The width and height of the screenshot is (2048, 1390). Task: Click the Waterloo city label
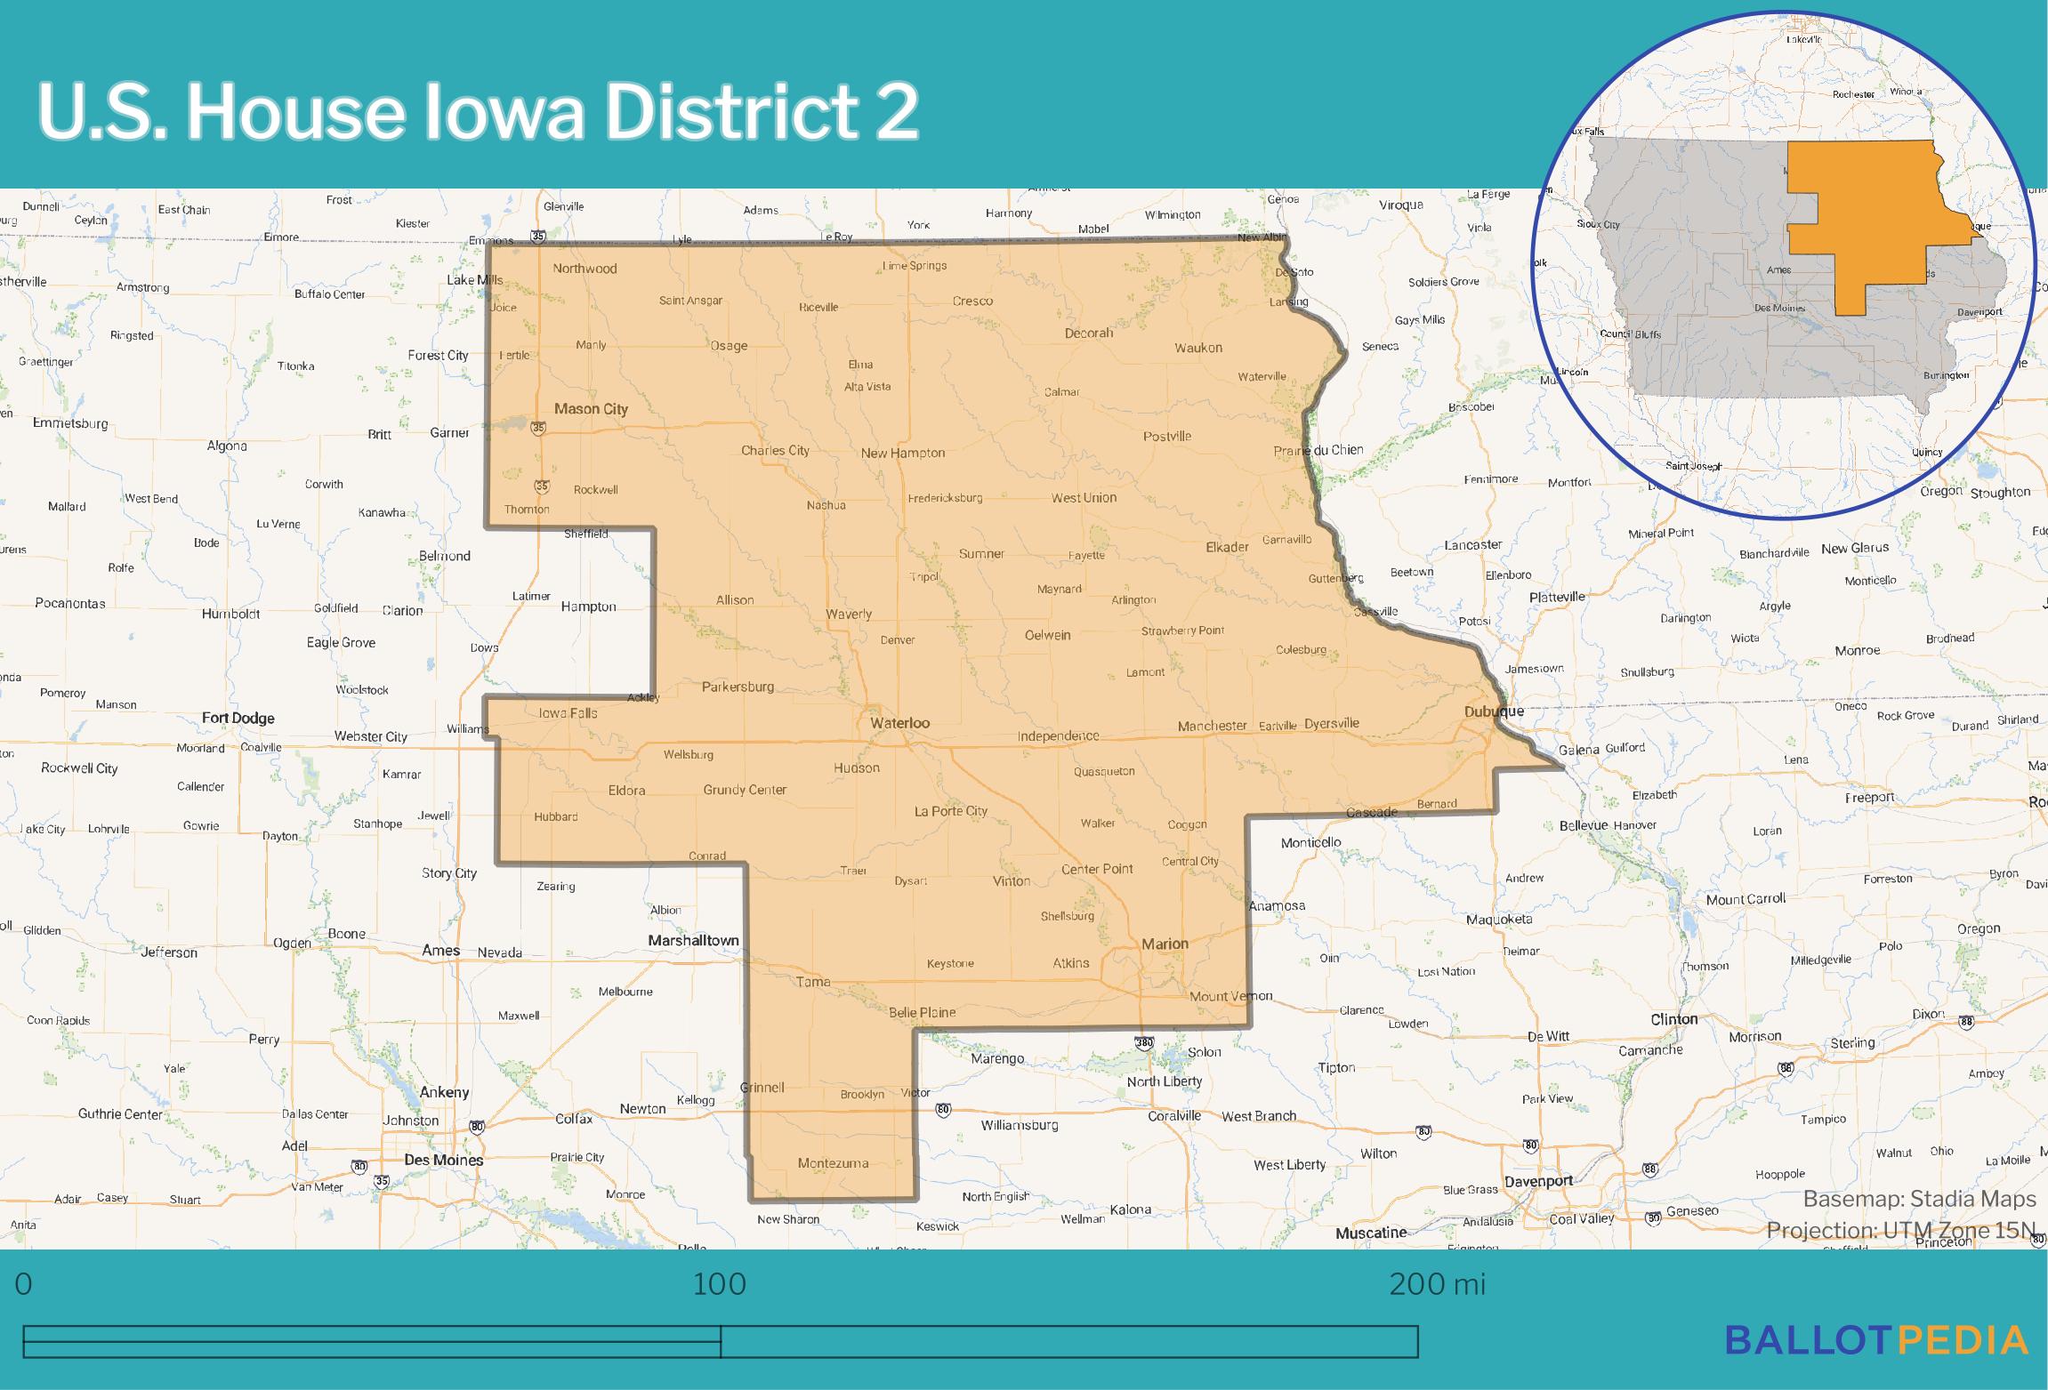tap(899, 723)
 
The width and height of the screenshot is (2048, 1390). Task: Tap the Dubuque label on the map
tap(1494, 711)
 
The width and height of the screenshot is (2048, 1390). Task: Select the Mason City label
tap(591, 409)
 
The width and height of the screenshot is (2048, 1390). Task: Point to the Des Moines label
tap(443, 1160)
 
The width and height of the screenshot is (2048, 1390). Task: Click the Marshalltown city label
tap(693, 940)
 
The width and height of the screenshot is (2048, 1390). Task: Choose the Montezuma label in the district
tap(833, 1163)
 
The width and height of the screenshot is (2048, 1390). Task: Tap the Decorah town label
tap(1089, 333)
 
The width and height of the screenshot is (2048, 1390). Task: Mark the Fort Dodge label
tap(238, 718)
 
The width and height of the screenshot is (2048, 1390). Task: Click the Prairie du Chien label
tap(1318, 450)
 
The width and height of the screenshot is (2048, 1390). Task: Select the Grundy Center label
tap(745, 790)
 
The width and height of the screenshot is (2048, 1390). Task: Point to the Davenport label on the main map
tap(1538, 1182)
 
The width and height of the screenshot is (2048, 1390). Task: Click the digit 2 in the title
tap(891, 113)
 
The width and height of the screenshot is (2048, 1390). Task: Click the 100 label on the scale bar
tap(719, 1284)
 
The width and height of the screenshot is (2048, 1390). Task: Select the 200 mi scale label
tap(1437, 1284)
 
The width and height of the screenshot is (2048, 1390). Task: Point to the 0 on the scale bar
tap(24, 1284)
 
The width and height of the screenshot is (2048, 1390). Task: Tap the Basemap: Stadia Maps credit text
tap(1919, 1200)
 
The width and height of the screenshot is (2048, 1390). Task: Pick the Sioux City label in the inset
tap(1599, 224)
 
